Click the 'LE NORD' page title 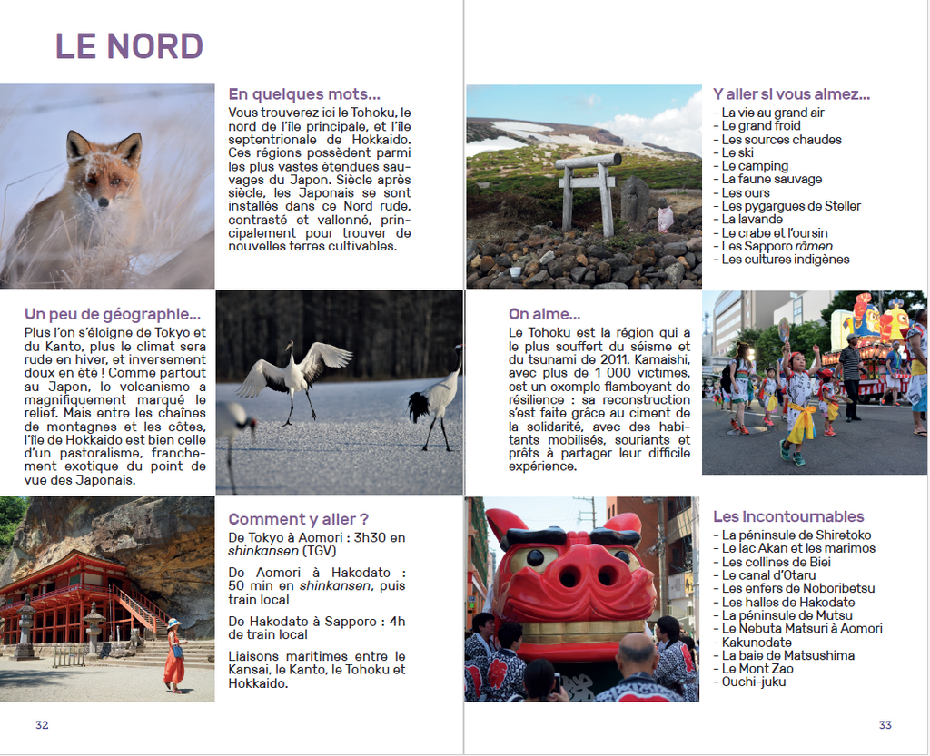pos(129,46)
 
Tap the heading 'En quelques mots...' pos(304,93)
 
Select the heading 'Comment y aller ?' pos(299,519)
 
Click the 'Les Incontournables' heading pos(788,516)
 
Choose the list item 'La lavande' pos(752,219)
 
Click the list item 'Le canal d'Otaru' pos(768,575)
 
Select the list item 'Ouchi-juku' pos(754,682)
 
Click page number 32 pos(42,724)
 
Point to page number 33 pos(885,724)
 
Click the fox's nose pos(103,201)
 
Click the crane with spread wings pos(292,377)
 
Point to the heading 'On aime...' pos(544,314)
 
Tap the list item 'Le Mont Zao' pos(757,668)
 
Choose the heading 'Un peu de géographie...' pos(113,314)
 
